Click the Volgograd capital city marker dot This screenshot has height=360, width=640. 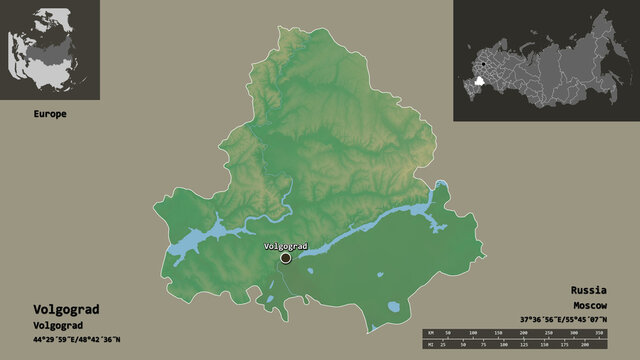286,258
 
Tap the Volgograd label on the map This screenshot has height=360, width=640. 285,246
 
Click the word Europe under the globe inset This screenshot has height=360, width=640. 48,114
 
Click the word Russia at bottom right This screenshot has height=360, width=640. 589,288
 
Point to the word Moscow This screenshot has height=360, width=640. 590,303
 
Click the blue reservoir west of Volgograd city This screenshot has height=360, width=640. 205,241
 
